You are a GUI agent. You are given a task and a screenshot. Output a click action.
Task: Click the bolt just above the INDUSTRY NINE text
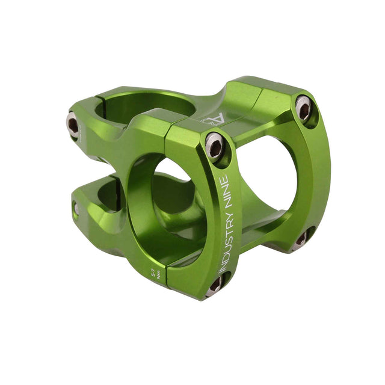215,146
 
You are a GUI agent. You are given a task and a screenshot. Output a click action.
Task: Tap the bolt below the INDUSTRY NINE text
214,285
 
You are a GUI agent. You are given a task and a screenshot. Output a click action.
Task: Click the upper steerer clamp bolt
73,125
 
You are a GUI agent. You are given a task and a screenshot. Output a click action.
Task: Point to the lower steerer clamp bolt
76,209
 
